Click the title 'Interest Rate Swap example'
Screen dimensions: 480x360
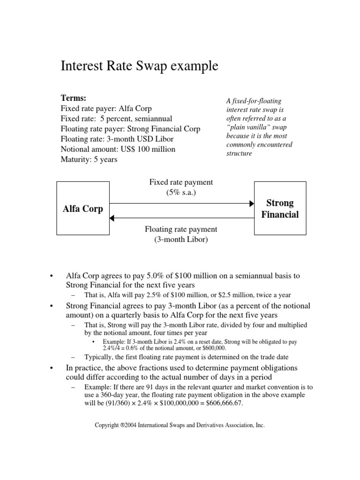coord(140,66)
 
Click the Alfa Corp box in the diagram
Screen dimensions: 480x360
coord(82,209)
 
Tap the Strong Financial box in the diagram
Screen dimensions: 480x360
coord(279,209)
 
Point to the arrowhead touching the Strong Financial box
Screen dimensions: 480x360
coord(251,203)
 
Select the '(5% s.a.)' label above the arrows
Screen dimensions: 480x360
coord(180,192)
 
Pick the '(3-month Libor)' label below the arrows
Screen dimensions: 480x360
coord(180,240)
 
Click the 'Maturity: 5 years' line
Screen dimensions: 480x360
coord(89,159)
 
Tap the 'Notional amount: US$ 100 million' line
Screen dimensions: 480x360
coord(118,149)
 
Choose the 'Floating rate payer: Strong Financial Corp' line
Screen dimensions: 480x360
coord(130,128)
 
